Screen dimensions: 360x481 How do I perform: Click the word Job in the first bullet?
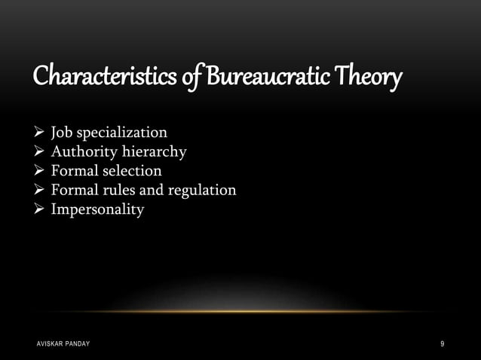pos(63,133)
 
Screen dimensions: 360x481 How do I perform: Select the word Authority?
pos(83,152)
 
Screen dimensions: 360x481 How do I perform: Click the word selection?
pos(133,171)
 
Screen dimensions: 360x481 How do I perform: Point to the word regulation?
pos(202,190)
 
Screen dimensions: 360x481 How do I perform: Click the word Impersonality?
pos(97,209)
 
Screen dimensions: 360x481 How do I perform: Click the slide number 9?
pos(442,344)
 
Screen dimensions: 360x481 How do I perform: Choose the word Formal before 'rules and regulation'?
pos(75,190)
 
